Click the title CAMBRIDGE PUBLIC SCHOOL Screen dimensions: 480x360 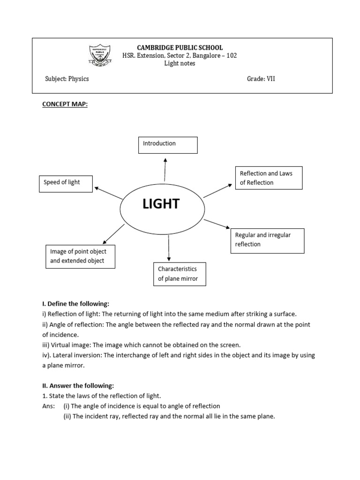pyautogui.click(x=180, y=48)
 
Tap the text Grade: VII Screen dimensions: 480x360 pyautogui.click(x=261, y=79)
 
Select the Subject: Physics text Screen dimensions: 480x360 pyautogui.click(x=67, y=79)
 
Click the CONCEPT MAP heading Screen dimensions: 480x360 pyautogui.click(x=65, y=105)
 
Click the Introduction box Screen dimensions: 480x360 pyautogui.click(x=168, y=145)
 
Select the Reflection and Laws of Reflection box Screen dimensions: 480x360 pyautogui.click(x=268, y=178)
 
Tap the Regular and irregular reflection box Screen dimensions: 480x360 pyautogui.click(x=267, y=240)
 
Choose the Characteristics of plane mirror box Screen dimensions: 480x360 pyautogui.click(x=180, y=274)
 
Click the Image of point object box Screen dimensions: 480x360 pyautogui.click(x=80, y=256)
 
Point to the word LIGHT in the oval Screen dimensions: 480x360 pyautogui.click(x=161, y=204)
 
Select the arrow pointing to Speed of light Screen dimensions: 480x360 pyautogui.click(x=109, y=193)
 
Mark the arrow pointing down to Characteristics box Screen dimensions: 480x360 pyautogui.click(x=168, y=248)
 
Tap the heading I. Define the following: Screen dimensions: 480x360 pyautogui.click(x=75, y=304)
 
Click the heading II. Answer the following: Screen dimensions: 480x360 pyautogui.click(x=78, y=386)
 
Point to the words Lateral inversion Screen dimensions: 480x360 pyautogui.click(x=76, y=355)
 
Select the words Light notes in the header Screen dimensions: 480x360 pyautogui.click(x=180, y=64)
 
